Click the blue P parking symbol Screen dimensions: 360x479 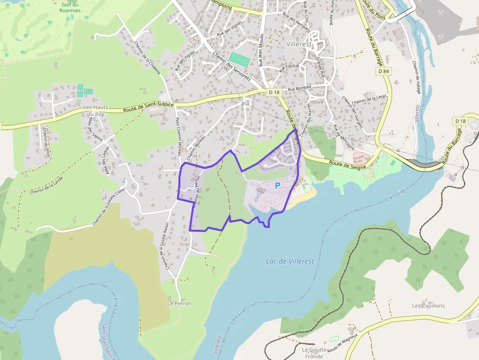(278, 186)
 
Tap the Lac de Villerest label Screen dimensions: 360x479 (290, 261)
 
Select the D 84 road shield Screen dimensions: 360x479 (384, 71)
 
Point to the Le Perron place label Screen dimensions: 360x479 (179, 303)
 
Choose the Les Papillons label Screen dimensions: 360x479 (428, 306)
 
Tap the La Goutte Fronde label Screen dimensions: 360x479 (312, 353)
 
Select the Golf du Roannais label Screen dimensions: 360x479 (71, 7)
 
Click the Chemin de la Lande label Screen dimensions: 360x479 (46, 186)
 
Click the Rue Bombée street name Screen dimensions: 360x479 (299, 89)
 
